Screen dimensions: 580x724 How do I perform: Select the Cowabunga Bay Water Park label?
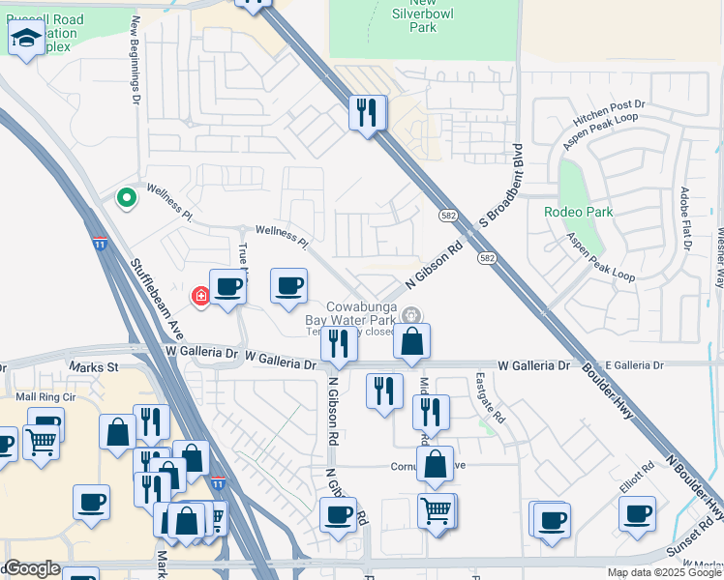[x=360, y=311]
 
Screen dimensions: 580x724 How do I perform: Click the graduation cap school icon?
[x=26, y=40]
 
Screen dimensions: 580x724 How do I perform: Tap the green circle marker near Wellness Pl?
[x=125, y=198]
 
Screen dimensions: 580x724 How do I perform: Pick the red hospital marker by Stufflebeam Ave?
[x=201, y=295]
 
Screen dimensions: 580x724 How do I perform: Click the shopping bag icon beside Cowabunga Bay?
[x=411, y=341]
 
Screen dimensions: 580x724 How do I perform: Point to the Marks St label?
[x=93, y=367]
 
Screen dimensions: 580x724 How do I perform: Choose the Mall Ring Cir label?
[x=43, y=396]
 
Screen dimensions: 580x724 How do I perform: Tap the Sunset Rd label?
[x=689, y=547]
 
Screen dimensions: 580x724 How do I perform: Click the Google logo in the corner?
[x=32, y=568]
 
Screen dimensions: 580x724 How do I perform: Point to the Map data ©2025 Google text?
[x=664, y=572]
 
